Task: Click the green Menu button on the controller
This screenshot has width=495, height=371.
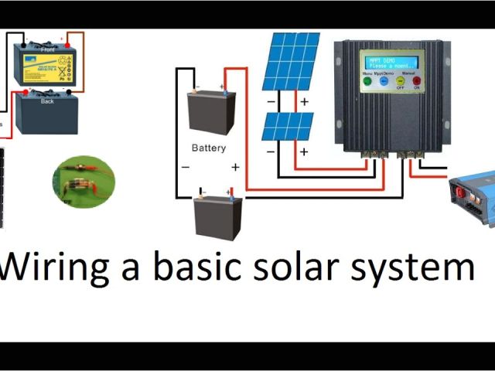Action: [367, 80]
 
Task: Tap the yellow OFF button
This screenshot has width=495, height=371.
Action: [401, 80]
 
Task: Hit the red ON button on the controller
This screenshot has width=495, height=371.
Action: [416, 80]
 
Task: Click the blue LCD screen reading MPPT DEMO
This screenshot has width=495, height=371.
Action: [391, 61]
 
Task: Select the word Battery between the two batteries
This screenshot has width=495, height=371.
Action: [209, 148]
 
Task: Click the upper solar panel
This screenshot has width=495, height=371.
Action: [290, 61]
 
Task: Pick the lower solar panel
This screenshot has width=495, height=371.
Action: [287, 126]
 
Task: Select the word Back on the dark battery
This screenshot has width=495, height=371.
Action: [47, 101]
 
